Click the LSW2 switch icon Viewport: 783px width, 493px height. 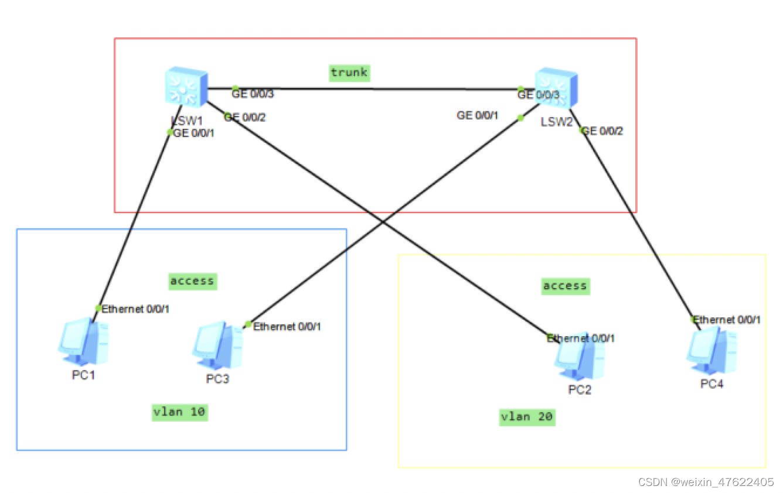pyautogui.click(x=556, y=88)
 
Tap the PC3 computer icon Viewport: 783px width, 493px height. pyautogui.click(x=217, y=346)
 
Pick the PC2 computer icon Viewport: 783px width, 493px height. pyautogui.click(x=579, y=358)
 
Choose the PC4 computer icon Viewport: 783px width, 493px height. pyautogui.click(x=711, y=351)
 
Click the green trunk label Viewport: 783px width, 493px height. pyautogui.click(x=349, y=73)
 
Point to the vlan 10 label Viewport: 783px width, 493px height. pyautogui.click(x=179, y=412)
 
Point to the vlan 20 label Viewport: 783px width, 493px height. pyautogui.click(x=527, y=417)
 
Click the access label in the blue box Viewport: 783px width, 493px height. pyautogui.click(x=192, y=281)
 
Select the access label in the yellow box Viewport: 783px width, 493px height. pyautogui.click(x=564, y=286)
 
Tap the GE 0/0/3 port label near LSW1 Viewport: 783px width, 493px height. pyautogui.click(x=253, y=93)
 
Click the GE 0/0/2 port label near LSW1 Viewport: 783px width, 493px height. pyautogui.click(x=246, y=118)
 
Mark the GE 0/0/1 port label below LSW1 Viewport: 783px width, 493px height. pyautogui.click(x=194, y=133)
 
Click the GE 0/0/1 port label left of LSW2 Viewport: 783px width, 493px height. pyautogui.click(x=478, y=115)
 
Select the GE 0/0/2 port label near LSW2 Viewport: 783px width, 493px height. pyautogui.click(x=602, y=131)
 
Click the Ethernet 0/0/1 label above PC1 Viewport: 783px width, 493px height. pyautogui.click(x=135, y=309)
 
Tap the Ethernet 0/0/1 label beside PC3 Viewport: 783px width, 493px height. pyautogui.click(x=287, y=326)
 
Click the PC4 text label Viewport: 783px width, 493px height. pyautogui.click(x=711, y=384)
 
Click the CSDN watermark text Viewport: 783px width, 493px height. pyautogui.click(x=706, y=482)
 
